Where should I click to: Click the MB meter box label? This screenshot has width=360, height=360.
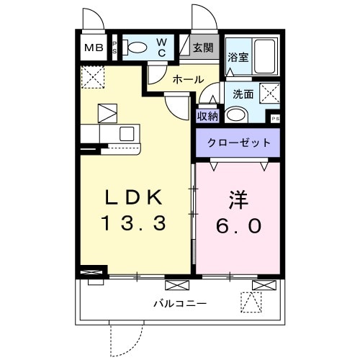tap(94, 48)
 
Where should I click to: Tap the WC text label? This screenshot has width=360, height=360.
tap(162, 48)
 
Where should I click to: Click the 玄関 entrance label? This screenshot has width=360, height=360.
tap(203, 48)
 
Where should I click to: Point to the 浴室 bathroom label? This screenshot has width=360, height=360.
tap(238, 58)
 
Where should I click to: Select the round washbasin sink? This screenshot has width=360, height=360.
tap(235, 114)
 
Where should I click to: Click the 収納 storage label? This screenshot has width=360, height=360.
tap(207, 115)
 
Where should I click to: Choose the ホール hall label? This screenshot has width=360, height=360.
tap(188, 79)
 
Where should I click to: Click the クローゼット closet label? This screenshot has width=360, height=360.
tap(240, 143)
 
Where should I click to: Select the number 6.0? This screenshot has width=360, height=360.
tap(240, 225)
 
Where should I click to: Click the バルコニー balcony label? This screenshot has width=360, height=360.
tap(179, 302)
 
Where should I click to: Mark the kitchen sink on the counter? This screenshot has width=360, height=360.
tap(127, 133)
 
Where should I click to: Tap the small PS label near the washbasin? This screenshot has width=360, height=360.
tap(274, 119)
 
